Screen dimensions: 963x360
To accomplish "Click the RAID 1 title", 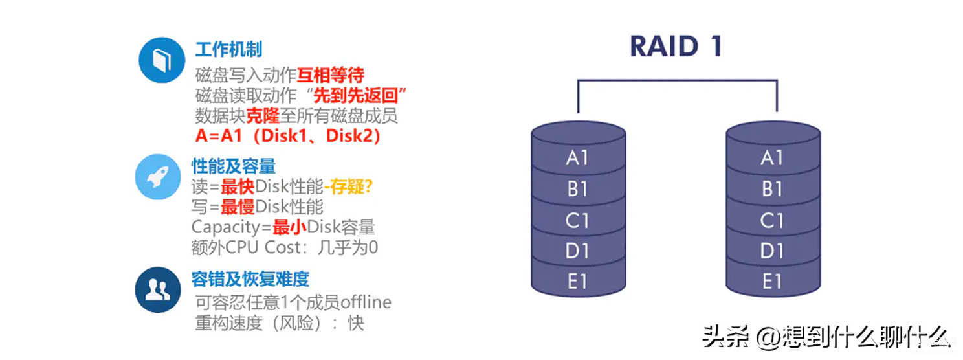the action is pos(676,46).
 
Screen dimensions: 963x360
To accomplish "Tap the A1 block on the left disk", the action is pos(578,157).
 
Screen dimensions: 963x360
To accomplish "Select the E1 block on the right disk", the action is pos(773,282).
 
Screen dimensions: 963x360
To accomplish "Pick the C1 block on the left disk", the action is pos(578,220).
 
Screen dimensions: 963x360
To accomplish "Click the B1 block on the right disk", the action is pos(773,189).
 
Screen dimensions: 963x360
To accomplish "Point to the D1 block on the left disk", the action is pos(578,251).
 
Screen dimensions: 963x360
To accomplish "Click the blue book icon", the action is pos(162,60).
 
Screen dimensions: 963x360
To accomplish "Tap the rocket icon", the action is pos(158,177).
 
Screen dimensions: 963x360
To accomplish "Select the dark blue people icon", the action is pos(158,289).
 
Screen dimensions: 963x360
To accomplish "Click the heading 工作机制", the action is pos(228,49).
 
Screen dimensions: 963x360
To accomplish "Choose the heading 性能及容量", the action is pos(234,166).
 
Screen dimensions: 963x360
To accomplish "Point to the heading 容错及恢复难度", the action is pos(250,279).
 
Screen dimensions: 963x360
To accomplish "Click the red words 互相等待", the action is pos(331,75).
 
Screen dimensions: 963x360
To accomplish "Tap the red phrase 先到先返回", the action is pos(355,95).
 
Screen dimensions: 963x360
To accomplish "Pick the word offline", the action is pos(366,302).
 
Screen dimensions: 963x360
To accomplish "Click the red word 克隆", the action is pos(263,116).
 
